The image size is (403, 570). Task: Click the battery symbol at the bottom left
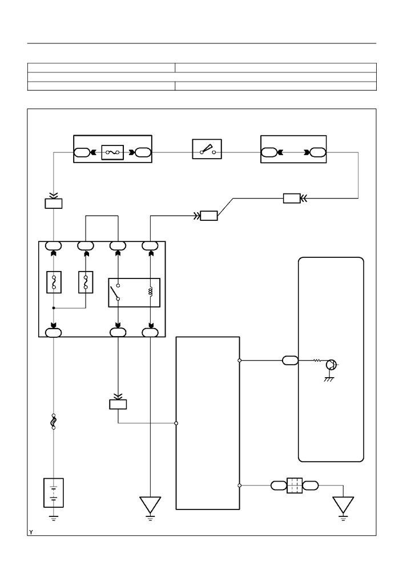click(x=54, y=492)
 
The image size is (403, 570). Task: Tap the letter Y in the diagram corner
click(x=31, y=532)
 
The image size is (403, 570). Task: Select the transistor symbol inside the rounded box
click(x=331, y=364)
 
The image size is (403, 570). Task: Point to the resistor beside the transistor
click(x=317, y=361)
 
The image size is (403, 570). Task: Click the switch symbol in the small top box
click(x=207, y=149)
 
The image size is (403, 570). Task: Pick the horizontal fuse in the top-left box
click(x=112, y=152)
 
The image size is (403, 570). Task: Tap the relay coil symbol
click(x=150, y=292)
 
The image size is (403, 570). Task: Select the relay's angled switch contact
click(x=115, y=292)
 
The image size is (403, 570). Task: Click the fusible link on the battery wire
click(x=54, y=422)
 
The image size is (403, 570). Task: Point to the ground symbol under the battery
click(x=54, y=518)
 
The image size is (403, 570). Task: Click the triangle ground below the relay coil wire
click(x=150, y=506)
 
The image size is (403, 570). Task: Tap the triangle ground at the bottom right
click(x=343, y=506)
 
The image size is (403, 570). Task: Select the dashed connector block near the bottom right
click(x=295, y=486)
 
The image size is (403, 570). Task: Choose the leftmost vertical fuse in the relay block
click(x=54, y=282)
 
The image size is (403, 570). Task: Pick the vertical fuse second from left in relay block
click(x=86, y=282)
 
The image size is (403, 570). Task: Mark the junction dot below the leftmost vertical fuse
click(x=54, y=308)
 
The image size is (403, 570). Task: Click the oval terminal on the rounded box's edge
click(x=290, y=361)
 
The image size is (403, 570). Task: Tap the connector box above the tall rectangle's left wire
click(x=118, y=404)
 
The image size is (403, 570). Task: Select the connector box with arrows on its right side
click(x=292, y=198)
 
